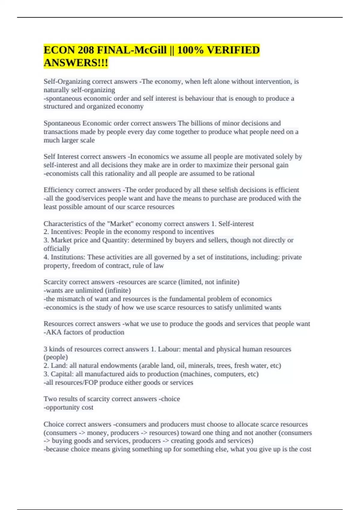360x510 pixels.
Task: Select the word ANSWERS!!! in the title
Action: pyautogui.click(x=76, y=63)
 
